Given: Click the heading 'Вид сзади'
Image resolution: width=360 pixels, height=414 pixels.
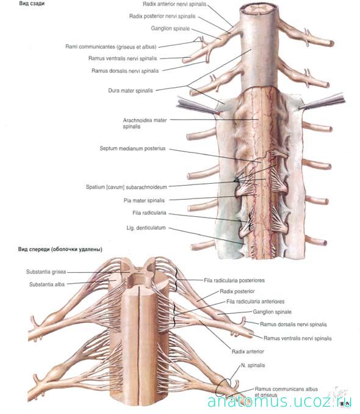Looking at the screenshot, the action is (32, 4).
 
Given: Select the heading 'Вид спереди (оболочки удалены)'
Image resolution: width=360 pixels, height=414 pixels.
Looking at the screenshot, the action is (60, 249).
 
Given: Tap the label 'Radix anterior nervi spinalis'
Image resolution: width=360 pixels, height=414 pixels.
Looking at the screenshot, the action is (175, 4).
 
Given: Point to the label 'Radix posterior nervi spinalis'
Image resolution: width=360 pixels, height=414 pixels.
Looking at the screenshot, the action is (162, 16).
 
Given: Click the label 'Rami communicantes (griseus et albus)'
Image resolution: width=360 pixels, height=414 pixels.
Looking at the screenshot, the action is (111, 47).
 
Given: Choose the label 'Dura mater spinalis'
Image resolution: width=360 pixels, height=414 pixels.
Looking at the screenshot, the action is (131, 90).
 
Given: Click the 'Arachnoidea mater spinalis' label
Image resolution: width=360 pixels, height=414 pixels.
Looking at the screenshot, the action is (145, 123).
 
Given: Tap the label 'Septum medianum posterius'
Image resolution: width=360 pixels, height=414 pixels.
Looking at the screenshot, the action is (132, 148).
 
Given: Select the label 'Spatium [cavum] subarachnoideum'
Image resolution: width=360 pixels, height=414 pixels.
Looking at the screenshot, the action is (126, 187).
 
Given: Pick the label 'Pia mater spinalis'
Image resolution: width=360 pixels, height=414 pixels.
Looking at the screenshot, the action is (144, 200).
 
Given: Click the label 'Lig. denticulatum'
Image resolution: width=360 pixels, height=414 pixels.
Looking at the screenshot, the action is (146, 228).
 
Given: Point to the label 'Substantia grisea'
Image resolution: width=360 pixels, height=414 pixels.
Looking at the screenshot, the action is (46, 272).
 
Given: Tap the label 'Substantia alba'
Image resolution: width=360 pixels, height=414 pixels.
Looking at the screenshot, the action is (47, 285).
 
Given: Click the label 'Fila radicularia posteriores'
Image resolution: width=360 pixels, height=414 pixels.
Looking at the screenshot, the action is (234, 280).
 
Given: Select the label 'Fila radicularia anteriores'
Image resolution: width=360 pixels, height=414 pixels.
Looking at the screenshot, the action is (256, 301).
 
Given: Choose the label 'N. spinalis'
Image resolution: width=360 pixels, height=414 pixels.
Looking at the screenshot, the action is (253, 365).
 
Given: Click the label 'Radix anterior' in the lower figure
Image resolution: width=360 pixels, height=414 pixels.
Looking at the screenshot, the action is (248, 352).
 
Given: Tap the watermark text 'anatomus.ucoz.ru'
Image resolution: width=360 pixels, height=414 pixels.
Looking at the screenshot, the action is (279, 402).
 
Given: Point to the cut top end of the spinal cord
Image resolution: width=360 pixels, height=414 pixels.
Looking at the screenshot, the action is (260, 10).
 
